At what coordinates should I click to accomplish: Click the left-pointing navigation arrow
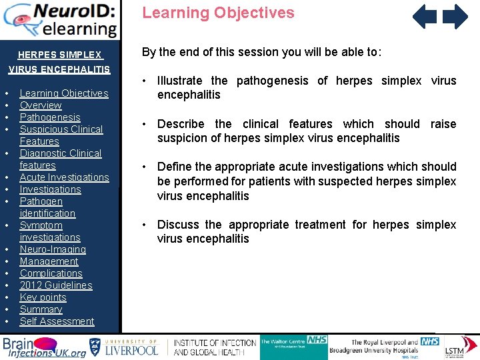click(424, 17)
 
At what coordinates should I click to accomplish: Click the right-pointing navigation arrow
click(456, 17)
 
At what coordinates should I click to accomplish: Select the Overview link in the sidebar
click(41, 105)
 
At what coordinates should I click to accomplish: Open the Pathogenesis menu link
click(50, 117)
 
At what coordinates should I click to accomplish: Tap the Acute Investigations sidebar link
click(64, 177)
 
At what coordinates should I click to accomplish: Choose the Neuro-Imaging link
click(53, 249)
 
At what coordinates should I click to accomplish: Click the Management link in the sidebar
click(49, 261)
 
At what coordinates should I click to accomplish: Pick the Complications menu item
click(51, 273)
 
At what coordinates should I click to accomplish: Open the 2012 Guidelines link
click(56, 285)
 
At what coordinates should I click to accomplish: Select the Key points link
click(43, 297)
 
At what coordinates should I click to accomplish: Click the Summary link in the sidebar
click(41, 309)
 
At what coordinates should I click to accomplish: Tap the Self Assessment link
click(57, 321)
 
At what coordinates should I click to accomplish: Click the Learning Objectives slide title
click(218, 13)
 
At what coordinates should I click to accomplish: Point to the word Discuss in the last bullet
click(178, 225)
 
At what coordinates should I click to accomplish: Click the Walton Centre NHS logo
click(293, 346)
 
